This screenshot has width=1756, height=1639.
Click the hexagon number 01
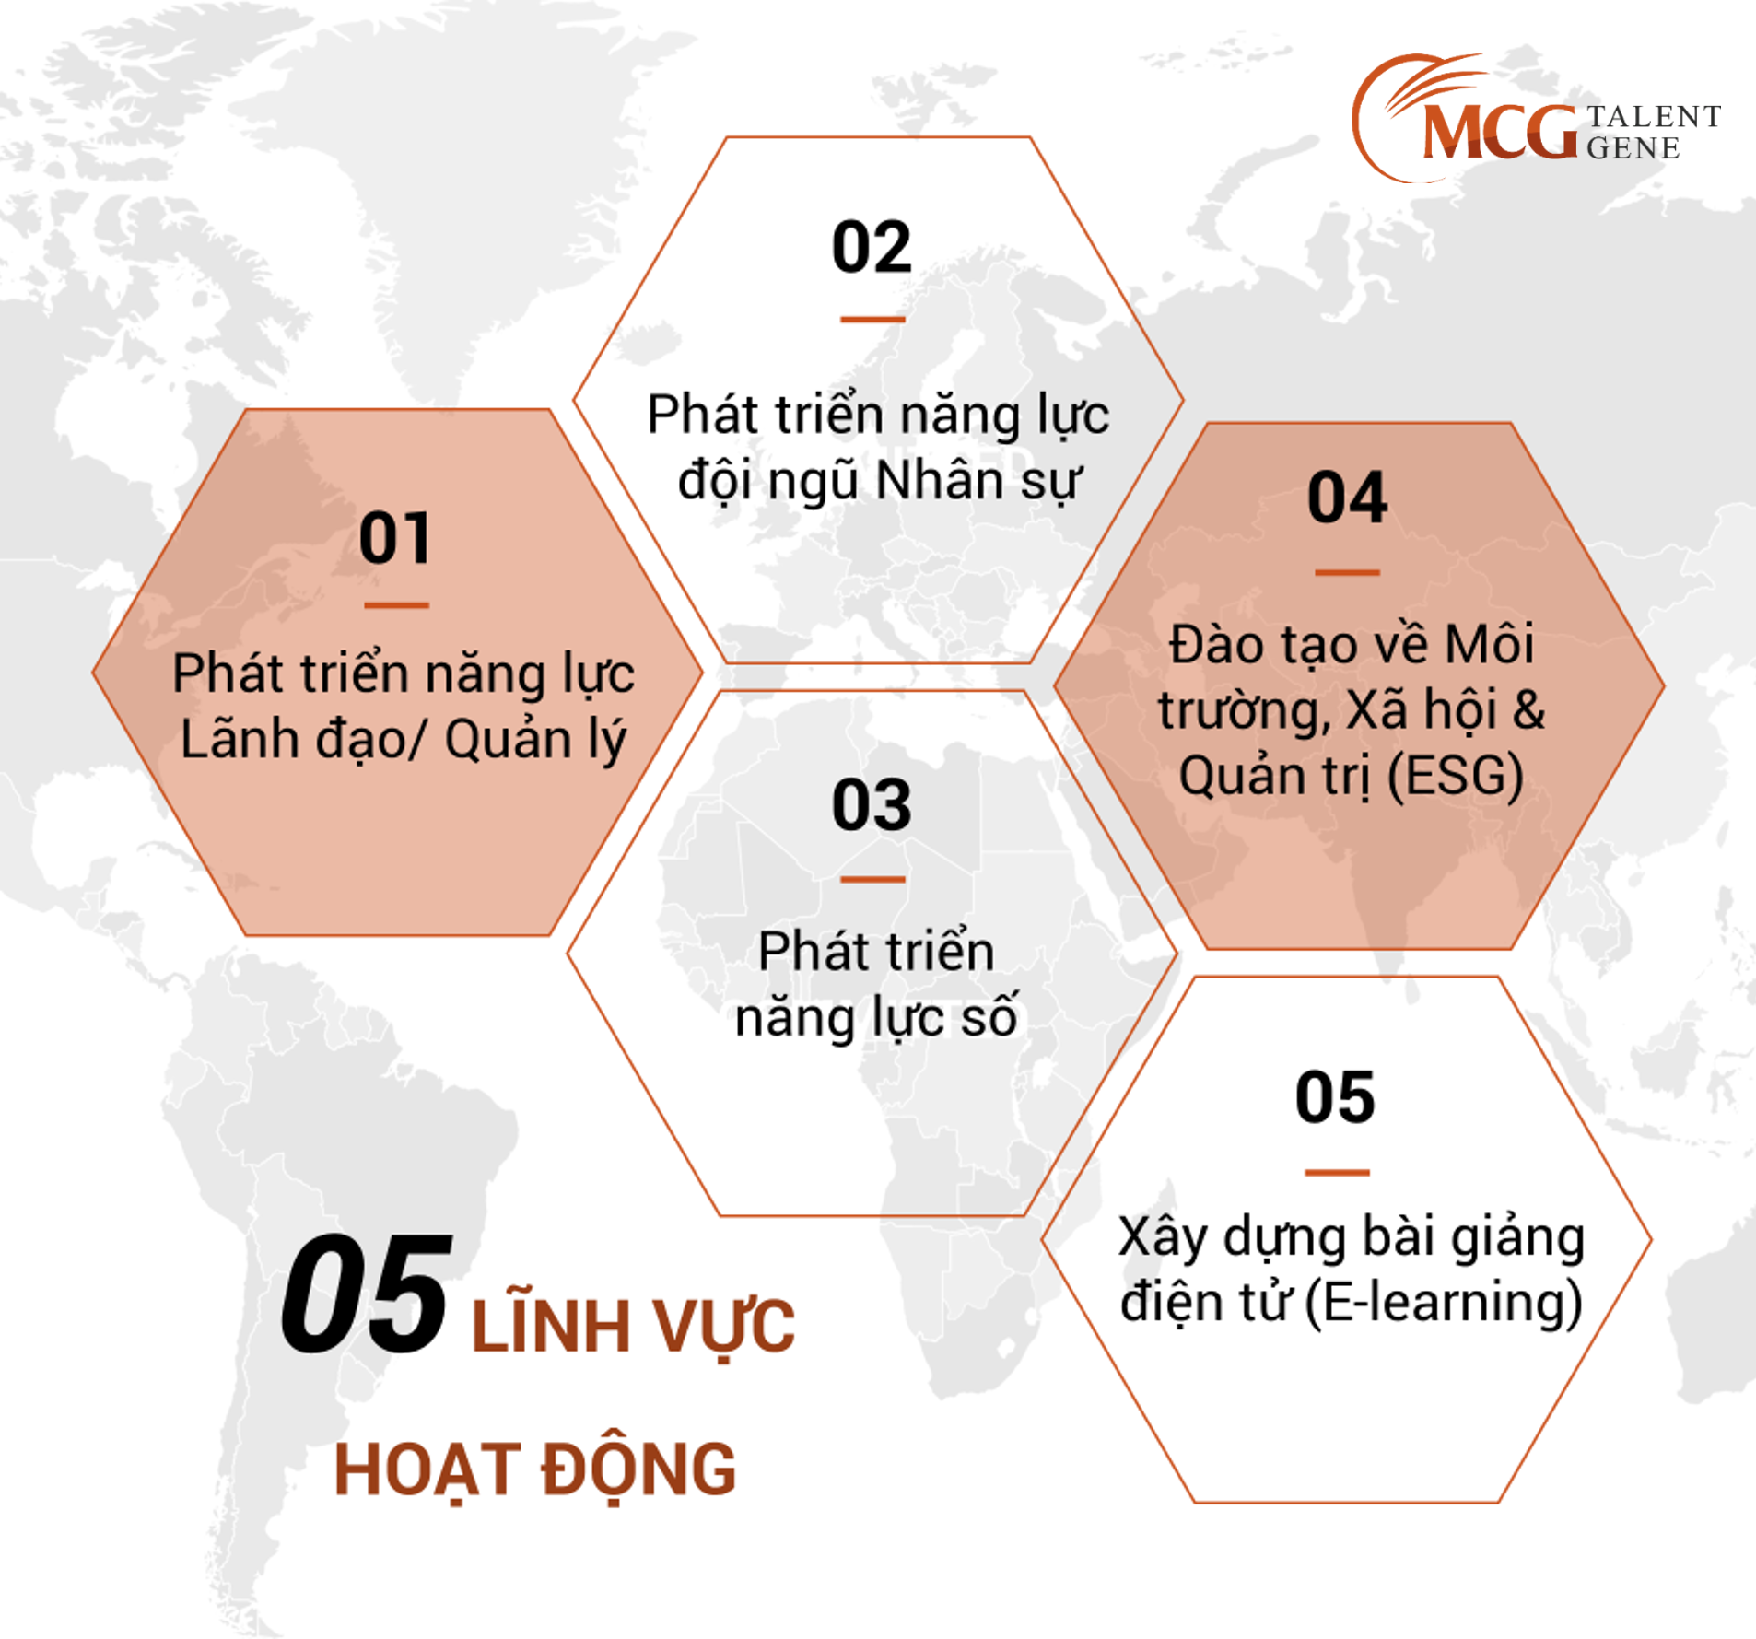pyautogui.click(x=394, y=538)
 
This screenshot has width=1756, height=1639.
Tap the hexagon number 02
pyautogui.click(x=872, y=247)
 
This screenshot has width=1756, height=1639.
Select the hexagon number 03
pyautogui.click(x=872, y=805)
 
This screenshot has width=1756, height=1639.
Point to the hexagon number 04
pyautogui.click(x=1347, y=498)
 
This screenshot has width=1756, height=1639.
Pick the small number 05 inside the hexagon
pyautogui.click(x=1335, y=1097)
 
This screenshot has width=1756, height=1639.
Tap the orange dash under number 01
pyautogui.click(x=396, y=605)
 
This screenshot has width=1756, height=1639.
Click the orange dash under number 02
pyautogui.click(x=872, y=320)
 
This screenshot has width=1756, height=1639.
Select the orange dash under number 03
pyautogui.click(x=872, y=879)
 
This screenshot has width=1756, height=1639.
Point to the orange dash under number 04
pyautogui.click(x=1347, y=572)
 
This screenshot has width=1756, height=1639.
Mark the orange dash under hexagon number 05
pyautogui.click(x=1337, y=1173)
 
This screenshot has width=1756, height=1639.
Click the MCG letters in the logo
pyautogui.click(x=1500, y=132)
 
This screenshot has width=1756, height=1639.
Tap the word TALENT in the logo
pyautogui.click(x=1654, y=117)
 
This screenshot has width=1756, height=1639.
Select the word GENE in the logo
pyautogui.click(x=1633, y=148)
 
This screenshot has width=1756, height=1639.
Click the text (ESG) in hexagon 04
pyautogui.click(x=1455, y=776)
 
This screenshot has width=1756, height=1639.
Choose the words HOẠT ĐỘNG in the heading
pyautogui.click(x=535, y=1470)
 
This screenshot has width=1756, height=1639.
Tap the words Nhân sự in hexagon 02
pyautogui.click(x=978, y=483)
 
